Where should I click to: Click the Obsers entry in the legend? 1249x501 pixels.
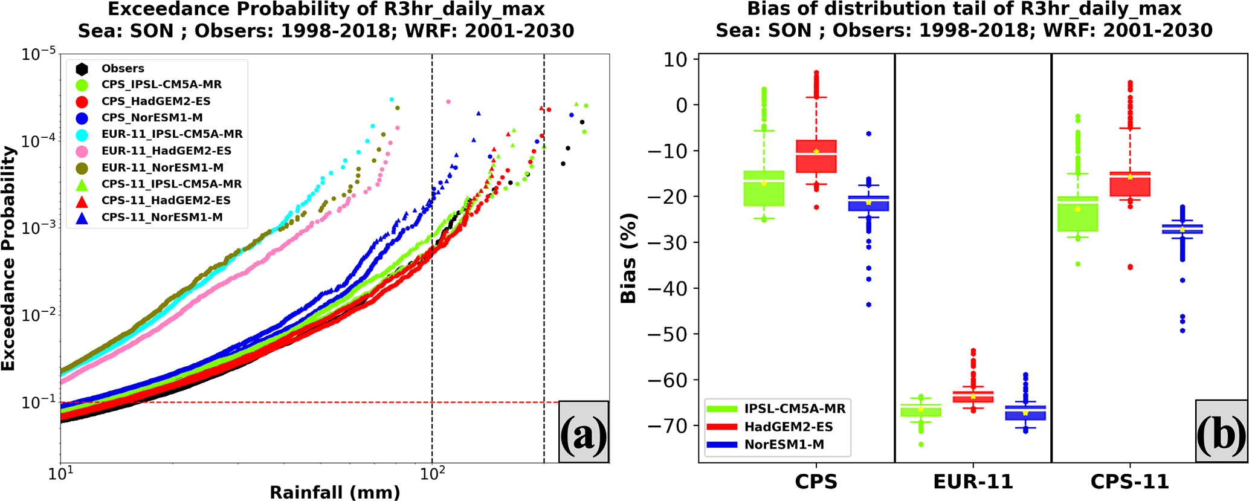click(122, 68)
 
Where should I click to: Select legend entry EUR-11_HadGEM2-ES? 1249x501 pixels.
click(166, 151)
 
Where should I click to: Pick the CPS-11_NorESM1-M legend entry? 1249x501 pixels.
click(162, 217)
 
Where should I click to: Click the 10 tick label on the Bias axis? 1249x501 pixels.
click(676, 59)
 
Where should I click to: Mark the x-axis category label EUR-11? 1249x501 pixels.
click(973, 482)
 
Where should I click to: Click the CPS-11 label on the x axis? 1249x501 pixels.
click(1129, 482)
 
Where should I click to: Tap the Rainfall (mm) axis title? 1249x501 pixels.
click(335, 493)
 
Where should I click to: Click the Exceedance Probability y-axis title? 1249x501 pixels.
click(8, 258)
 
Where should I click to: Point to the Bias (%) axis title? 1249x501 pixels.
click(628, 258)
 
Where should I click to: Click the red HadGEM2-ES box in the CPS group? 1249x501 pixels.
click(816, 157)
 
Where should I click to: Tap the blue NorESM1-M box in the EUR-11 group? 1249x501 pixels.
click(1025, 413)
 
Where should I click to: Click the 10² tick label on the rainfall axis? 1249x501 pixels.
click(431, 475)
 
